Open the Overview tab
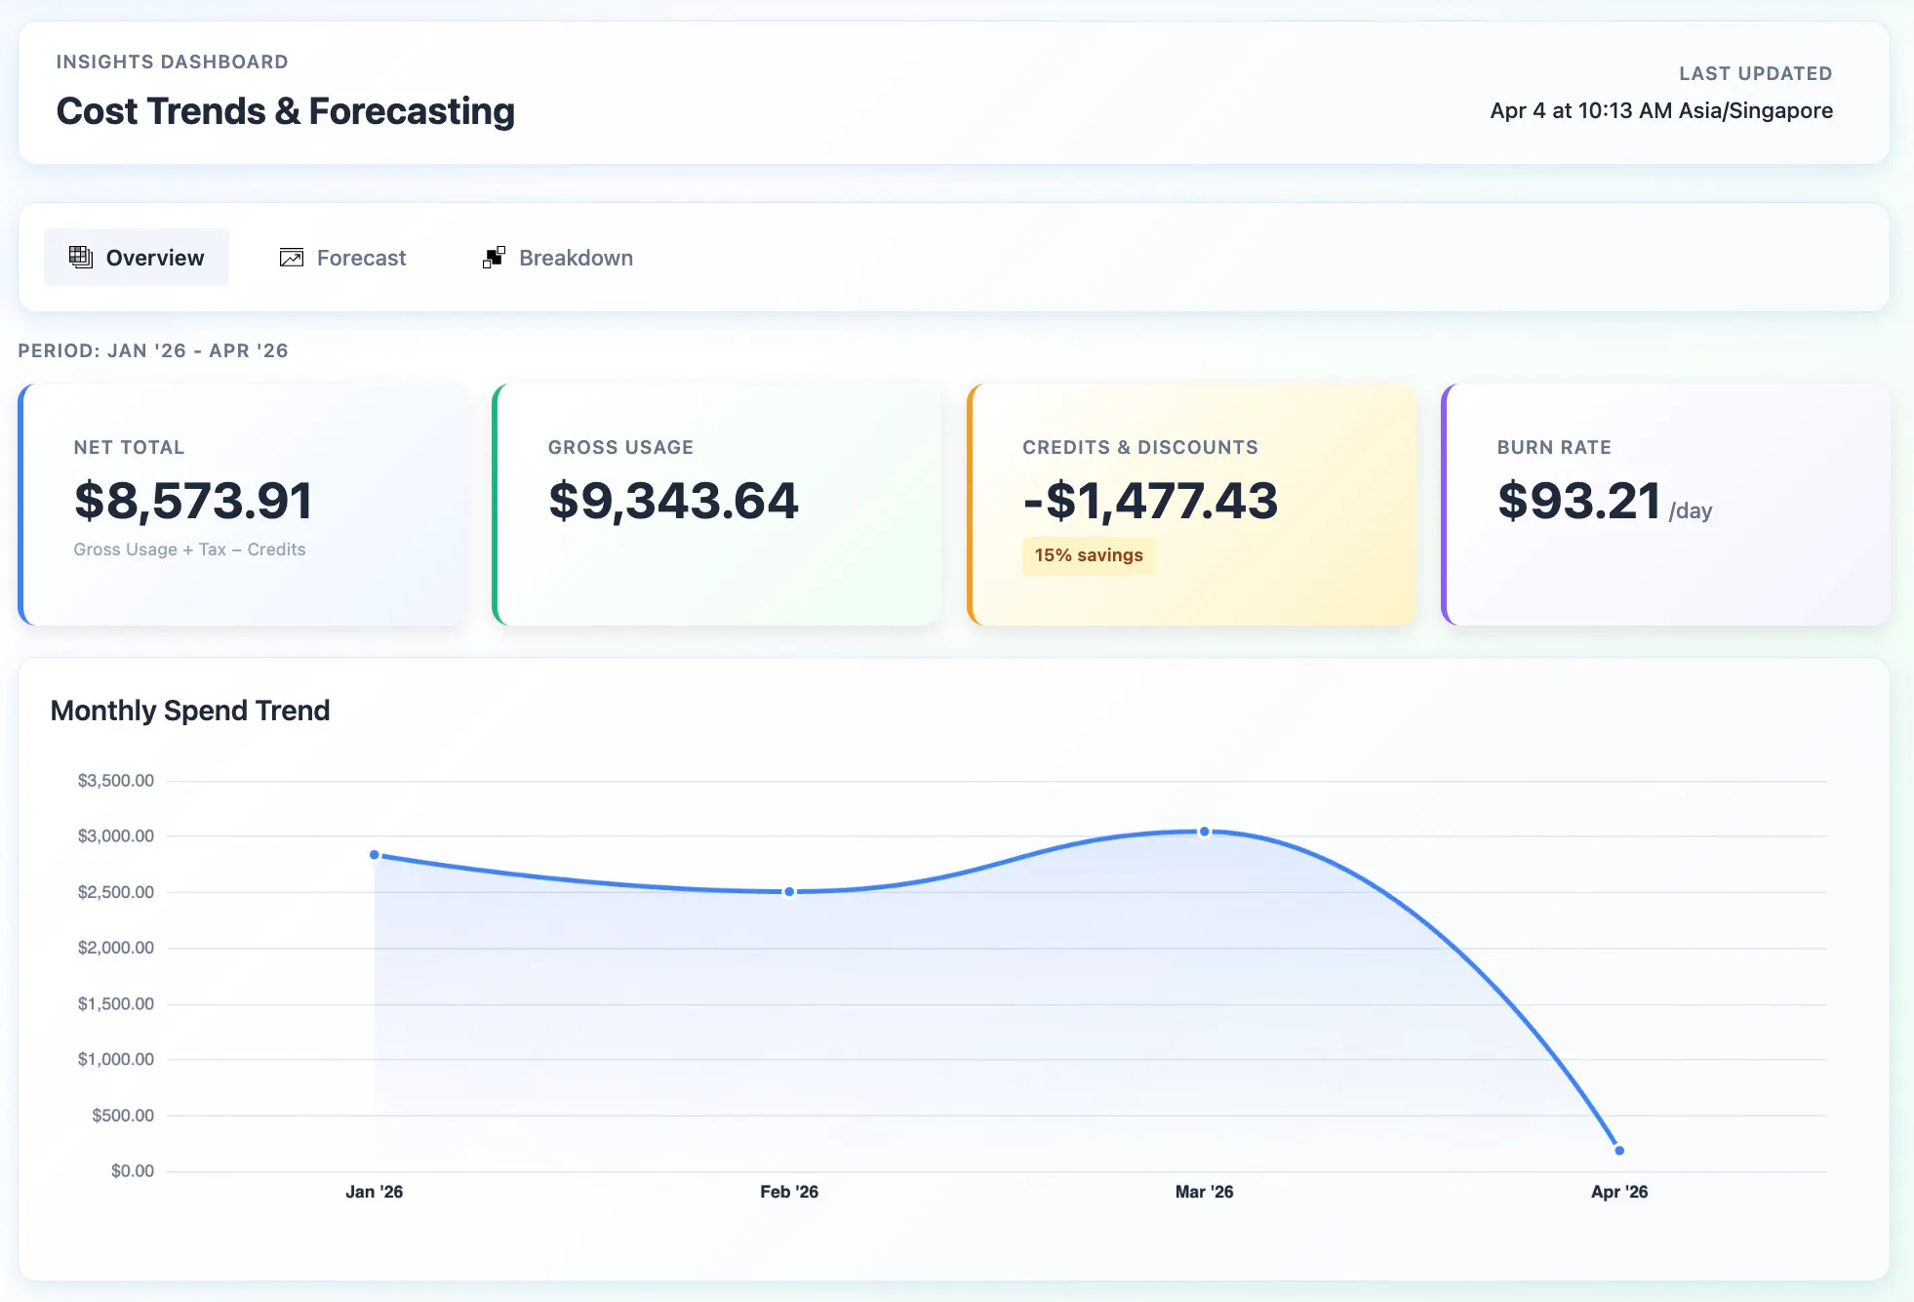137,258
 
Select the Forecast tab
342,258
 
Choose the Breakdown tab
558,258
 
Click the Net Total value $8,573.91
193,501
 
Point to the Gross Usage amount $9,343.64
673,501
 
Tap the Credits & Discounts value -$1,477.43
1150,501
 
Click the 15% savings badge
1089,555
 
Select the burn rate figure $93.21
1579,501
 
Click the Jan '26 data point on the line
375,855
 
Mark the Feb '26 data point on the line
789,892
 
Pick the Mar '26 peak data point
1205,832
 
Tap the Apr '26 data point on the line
1619,1151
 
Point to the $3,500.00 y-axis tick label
116,781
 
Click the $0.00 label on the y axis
133,1171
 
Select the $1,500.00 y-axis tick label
116,1004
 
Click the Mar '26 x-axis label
1205,1192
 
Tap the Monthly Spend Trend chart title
190,711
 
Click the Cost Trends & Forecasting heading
286,111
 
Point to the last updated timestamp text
1661,111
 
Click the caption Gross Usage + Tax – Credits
189,549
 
